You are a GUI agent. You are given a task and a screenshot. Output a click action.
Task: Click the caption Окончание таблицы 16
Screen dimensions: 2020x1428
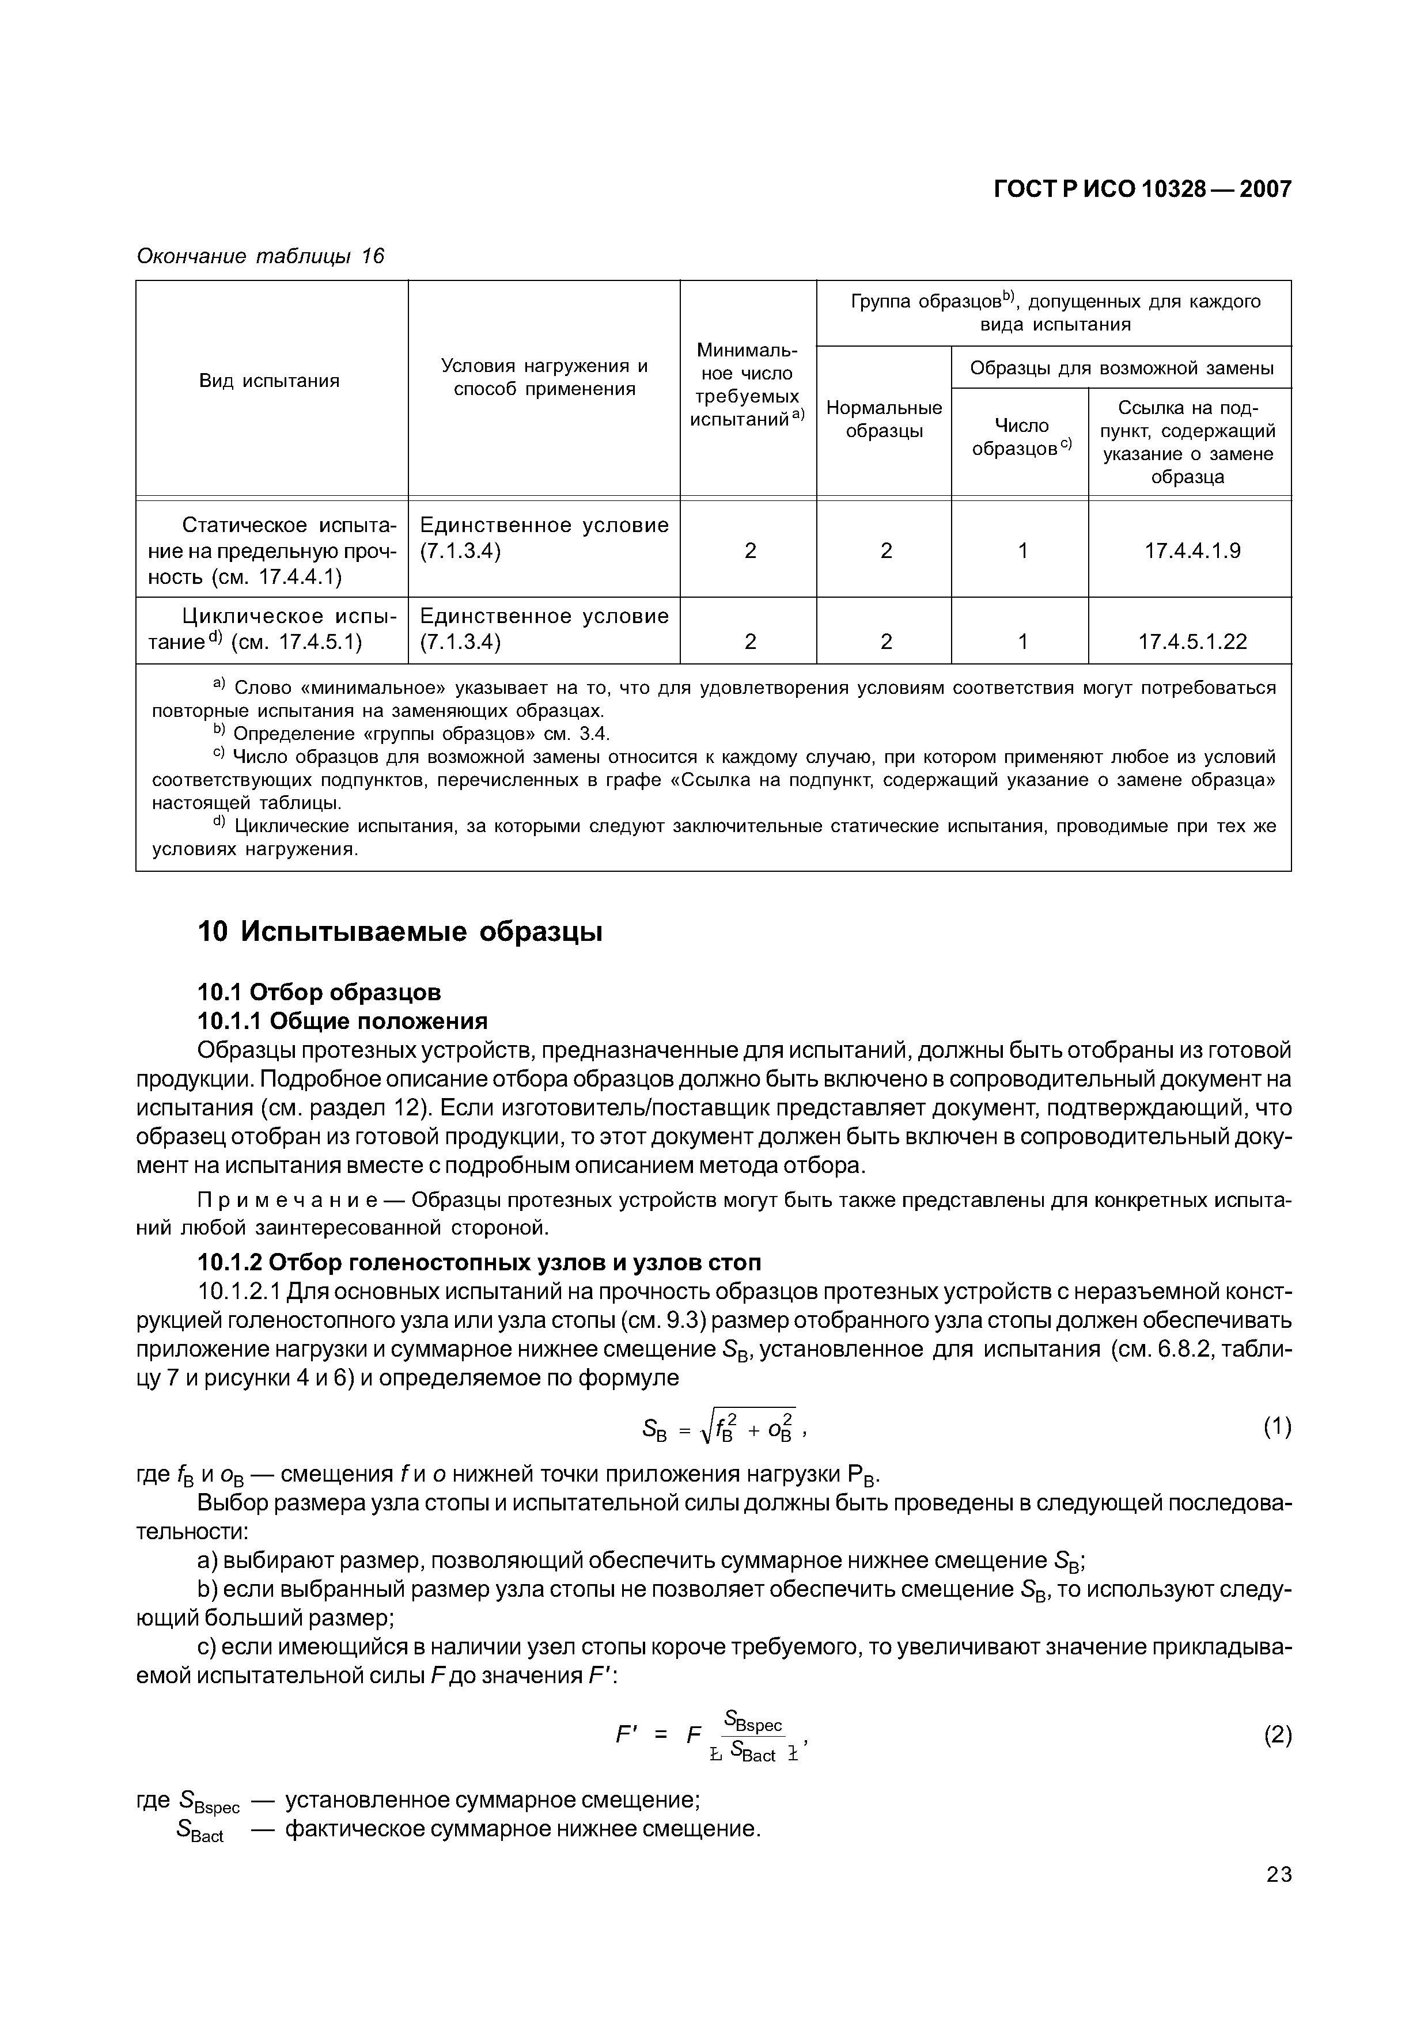pos(260,256)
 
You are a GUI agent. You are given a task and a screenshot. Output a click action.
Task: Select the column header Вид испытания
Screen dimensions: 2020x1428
pos(269,381)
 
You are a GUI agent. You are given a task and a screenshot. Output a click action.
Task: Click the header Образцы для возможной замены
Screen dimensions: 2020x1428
pos(1121,368)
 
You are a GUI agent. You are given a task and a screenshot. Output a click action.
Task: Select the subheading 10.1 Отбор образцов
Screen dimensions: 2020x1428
pos(319,992)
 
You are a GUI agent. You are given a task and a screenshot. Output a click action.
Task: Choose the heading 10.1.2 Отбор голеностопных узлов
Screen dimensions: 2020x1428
pos(479,1262)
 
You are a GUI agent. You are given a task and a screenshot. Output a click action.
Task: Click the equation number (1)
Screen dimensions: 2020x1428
pos(1277,1427)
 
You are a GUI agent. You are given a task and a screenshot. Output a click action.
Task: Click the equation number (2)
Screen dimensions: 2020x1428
pos(1277,1735)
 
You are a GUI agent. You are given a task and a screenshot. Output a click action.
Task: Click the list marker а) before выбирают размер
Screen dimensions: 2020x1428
pos(207,1560)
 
